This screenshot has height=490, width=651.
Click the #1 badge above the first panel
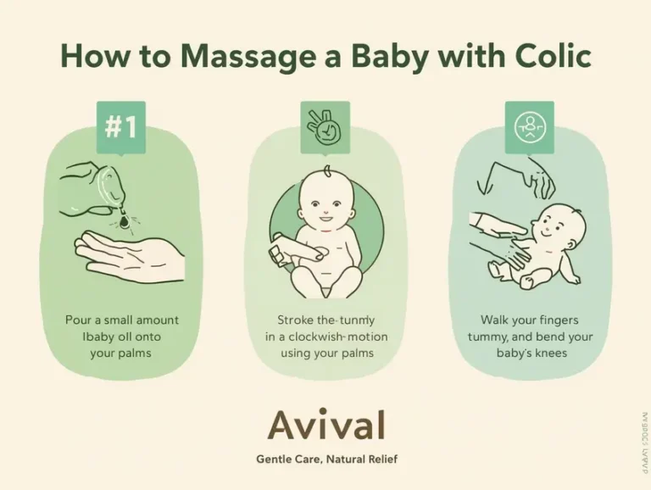coord(120,126)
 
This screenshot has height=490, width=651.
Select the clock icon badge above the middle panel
coord(325,126)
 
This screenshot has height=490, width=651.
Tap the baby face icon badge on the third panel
coord(530,125)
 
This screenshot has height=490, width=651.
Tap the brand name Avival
coord(326,426)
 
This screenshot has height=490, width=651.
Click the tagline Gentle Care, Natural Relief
coord(326,459)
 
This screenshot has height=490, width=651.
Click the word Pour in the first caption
coord(80,320)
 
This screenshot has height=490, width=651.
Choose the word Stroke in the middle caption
coord(297,320)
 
